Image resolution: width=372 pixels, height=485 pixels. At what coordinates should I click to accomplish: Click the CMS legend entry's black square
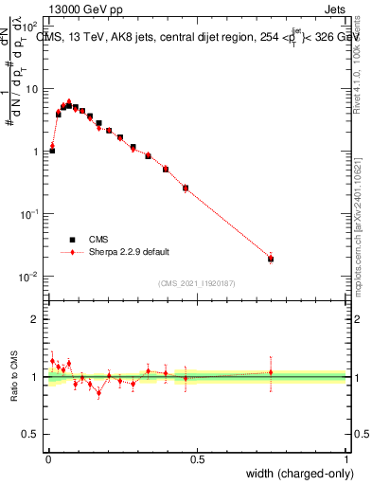(x=70, y=240)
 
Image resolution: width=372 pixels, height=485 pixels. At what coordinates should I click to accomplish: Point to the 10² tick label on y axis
(x=28, y=27)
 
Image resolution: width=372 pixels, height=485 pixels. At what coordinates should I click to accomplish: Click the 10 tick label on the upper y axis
(x=31, y=89)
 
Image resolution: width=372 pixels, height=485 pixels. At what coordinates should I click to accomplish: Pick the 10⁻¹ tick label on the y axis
(x=28, y=214)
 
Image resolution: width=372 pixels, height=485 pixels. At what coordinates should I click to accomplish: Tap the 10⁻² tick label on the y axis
(x=28, y=277)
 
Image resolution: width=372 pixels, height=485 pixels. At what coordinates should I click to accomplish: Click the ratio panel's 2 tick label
(x=35, y=319)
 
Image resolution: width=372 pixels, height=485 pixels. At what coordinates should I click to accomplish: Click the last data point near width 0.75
(x=271, y=259)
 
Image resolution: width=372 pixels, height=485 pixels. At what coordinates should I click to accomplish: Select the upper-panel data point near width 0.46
(x=186, y=188)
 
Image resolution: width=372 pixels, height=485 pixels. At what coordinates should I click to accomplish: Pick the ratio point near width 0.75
(x=271, y=372)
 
